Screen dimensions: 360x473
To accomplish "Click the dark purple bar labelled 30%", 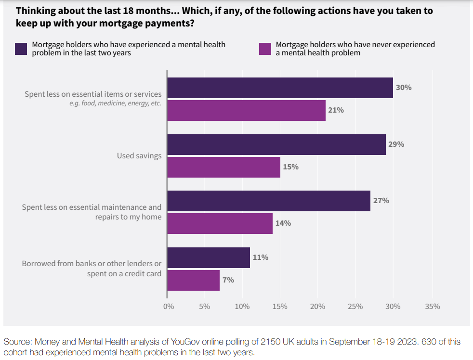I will (x=280, y=88).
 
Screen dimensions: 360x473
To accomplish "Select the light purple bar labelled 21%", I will (x=246, y=110).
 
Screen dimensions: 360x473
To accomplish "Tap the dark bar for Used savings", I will (x=276, y=144).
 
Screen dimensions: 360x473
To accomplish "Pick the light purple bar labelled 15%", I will (x=223, y=167).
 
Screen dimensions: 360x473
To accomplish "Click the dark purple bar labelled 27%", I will (x=269, y=201).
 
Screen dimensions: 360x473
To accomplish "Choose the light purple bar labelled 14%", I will (x=220, y=223).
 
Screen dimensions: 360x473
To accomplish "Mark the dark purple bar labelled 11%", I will (x=209, y=257).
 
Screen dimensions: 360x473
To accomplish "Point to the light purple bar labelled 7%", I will (x=193, y=280).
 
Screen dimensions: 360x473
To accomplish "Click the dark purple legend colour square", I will (x=21, y=49).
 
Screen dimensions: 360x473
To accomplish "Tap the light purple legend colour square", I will (x=265, y=49).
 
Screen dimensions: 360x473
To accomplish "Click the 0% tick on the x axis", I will (x=168, y=307).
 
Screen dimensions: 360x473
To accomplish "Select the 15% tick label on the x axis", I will (x=280, y=307).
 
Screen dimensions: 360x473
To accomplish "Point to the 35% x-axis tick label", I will (x=432, y=307).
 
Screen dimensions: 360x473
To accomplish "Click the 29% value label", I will (x=396, y=144).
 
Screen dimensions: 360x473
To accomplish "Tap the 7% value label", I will (x=228, y=280).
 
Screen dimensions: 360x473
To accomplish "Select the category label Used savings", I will (x=139, y=156).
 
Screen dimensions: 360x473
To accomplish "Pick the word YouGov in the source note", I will (x=184, y=342).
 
